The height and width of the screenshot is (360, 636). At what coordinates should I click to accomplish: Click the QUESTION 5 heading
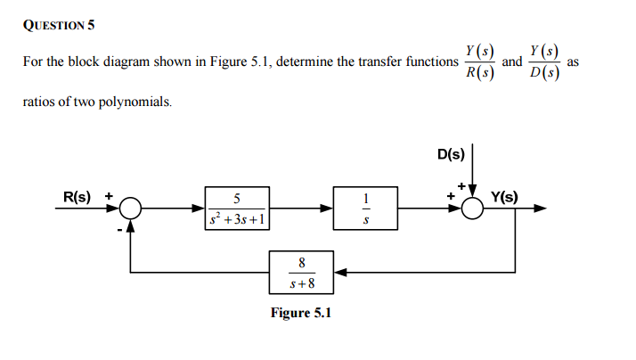[x=57, y=24]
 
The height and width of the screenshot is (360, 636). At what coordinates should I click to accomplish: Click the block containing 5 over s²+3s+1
[x=236, y=209]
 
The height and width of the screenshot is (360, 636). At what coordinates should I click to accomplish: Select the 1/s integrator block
[x=364, y=209]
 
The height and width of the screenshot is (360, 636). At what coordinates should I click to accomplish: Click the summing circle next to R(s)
[x=131, y=209]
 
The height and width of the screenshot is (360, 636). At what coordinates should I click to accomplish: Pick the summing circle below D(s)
[x=472, y=209]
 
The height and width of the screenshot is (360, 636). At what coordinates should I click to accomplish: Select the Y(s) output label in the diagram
[x=510, y=196]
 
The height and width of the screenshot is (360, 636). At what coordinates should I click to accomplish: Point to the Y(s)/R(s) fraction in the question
[x=481, y=63]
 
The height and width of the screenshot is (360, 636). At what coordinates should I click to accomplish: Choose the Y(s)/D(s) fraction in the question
[x=544, y=63]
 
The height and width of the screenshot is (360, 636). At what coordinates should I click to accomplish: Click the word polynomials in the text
[x=133, y=102]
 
